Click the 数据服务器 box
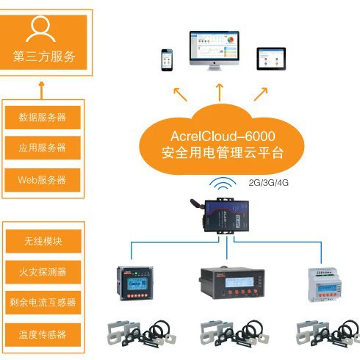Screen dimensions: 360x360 click(x=43, y=117)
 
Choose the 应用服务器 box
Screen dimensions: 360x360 click(x=43, y=148)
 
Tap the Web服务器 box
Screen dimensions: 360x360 click(x=43, y=179)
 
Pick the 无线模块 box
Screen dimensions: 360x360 click(x=43, y=241)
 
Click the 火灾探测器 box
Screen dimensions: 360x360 click(x=43, y=272)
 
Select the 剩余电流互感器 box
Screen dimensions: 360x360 click(x=43, y=303)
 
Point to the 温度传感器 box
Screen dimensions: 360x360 click(x=43, y=334)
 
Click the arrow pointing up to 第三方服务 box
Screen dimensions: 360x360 click(x=43, y=90)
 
